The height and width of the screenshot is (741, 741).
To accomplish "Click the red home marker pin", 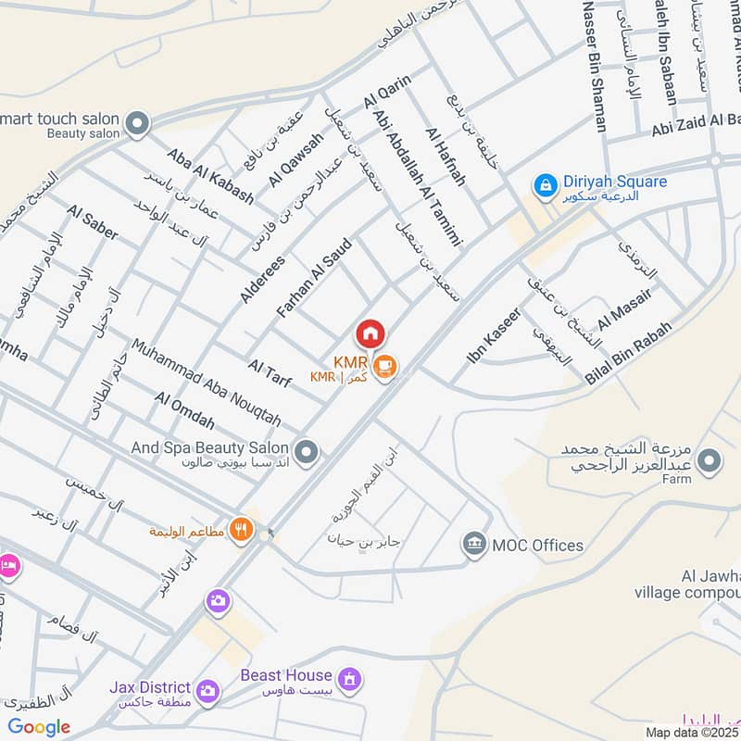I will coord(370,333).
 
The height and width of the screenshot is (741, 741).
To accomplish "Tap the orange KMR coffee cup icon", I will coord(386,367).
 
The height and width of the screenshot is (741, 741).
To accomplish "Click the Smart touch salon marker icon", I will coord(137,123).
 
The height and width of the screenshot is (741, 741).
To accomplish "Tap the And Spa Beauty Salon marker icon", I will coord(308,452).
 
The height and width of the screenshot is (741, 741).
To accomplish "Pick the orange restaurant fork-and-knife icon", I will coord(242,528).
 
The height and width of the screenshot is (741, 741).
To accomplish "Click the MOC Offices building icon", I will coord(474,544).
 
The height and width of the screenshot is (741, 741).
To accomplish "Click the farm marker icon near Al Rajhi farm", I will coord(710,460).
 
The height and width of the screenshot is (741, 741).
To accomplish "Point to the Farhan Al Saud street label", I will coord(310,272).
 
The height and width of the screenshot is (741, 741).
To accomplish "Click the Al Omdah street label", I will coord(185,411).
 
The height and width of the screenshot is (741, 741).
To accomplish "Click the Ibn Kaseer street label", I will coord(495,334).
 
